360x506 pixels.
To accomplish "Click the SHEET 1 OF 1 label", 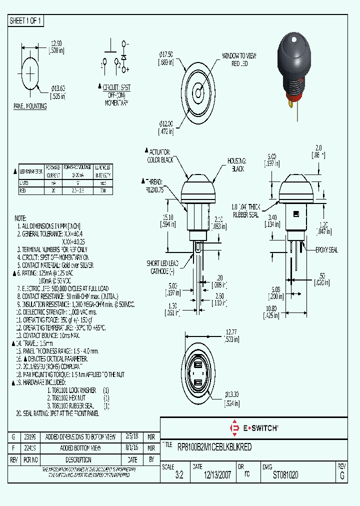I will pos(25,20).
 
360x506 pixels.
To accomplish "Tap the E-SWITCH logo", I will pos(253,428).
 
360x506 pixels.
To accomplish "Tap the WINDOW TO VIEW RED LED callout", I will pos(239,59).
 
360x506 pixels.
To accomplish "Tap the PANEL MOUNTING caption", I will pos(30,106).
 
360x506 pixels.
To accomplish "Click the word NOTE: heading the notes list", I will pos(20,218).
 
